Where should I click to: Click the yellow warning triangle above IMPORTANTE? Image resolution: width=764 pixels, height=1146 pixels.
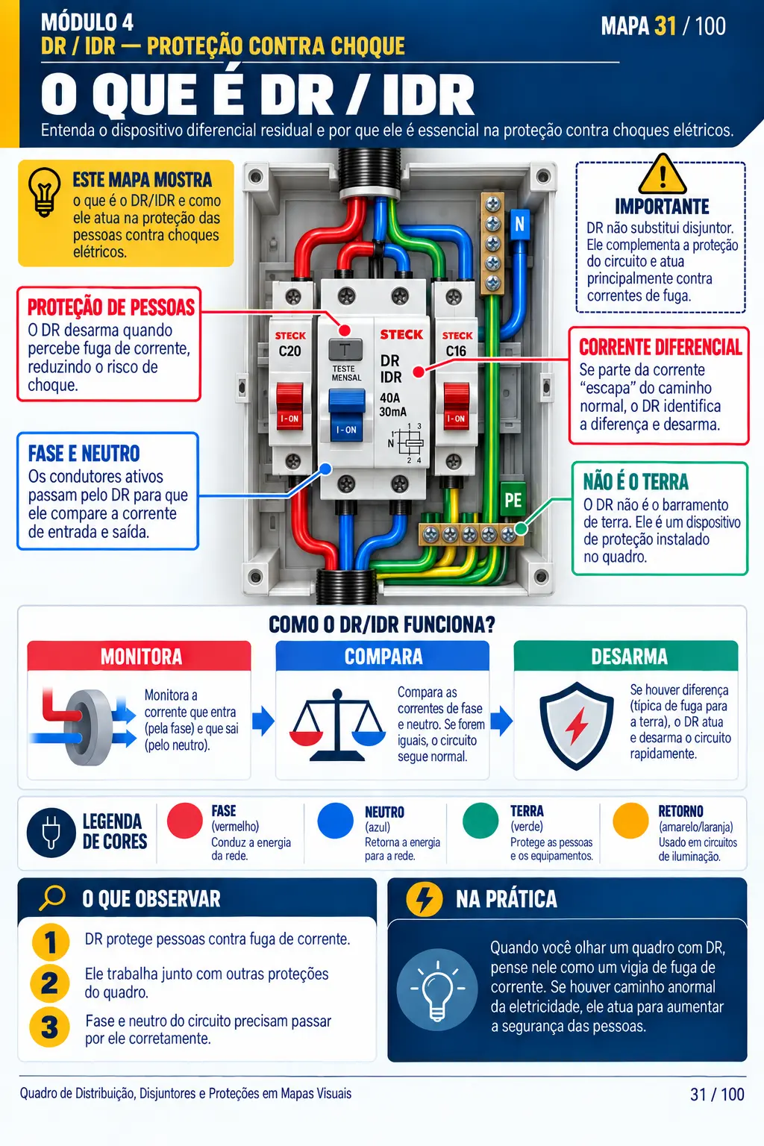663,175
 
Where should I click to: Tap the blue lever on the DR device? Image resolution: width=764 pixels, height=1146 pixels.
346,414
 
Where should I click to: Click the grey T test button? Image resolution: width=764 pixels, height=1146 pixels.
345,351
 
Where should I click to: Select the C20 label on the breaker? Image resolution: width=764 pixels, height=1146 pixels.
289,351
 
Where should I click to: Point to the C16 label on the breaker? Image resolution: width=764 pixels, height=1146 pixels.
455,351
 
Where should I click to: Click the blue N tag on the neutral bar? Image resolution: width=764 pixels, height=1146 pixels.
519,224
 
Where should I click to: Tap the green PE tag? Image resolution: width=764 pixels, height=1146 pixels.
513,500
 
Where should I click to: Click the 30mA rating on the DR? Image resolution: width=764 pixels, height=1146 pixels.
393,412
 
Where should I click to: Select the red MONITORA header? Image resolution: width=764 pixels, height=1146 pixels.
140,656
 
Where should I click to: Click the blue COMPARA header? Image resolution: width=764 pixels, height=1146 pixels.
383,656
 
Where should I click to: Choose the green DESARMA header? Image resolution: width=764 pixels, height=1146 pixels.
626,656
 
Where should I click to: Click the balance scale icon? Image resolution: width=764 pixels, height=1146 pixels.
337,725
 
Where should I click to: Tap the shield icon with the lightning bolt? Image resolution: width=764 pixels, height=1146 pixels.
577,725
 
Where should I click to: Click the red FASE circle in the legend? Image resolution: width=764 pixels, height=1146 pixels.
185,821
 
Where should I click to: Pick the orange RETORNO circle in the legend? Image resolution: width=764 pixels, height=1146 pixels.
630,821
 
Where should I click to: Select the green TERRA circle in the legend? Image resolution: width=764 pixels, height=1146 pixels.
480,821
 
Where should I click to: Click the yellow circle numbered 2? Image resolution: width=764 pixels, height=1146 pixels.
50,983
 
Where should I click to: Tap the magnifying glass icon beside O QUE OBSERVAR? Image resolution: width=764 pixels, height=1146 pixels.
52,898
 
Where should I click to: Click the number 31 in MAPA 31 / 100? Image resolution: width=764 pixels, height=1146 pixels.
666,26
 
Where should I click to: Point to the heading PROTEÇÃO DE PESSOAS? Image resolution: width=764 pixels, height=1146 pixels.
111,307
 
